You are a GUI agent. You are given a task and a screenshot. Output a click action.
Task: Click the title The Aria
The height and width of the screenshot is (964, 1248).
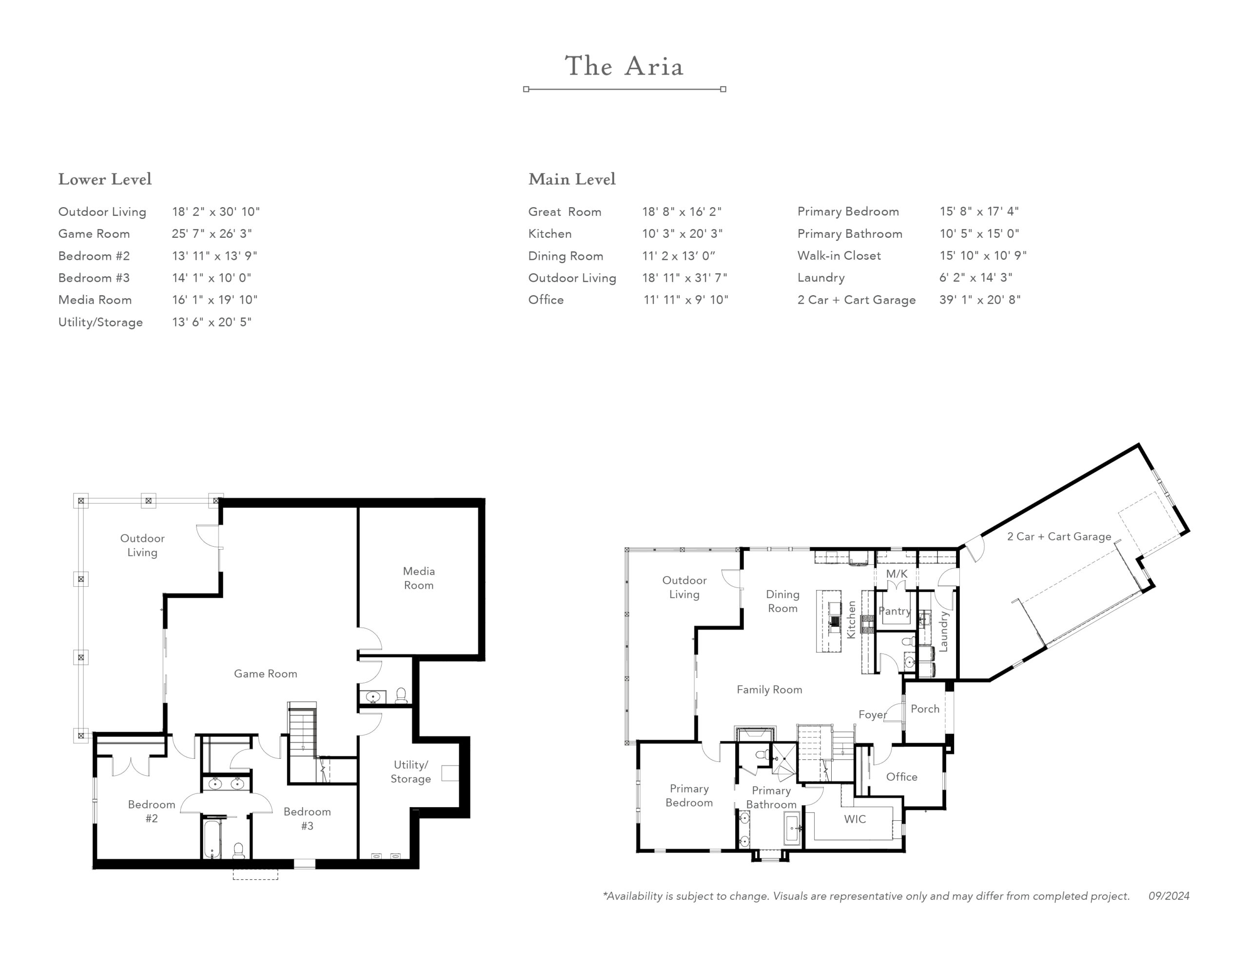pos(624,66)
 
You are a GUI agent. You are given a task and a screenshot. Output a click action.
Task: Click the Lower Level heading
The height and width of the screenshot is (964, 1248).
pos(105,179)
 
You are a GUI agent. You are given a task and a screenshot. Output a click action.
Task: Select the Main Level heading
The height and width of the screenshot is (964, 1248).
pos(572,179)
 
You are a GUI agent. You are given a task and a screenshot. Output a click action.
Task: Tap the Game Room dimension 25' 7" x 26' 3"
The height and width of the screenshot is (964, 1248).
pos(212,234)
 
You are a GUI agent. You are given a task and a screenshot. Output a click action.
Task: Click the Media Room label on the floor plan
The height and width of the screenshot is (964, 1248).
pos(419,578)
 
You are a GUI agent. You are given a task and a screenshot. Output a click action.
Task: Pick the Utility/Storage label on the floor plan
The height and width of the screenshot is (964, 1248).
pos(411,771)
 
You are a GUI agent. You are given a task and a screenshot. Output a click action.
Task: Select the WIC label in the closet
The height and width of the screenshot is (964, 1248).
pos(855,819)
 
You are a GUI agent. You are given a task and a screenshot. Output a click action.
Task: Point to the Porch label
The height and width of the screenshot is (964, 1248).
pos(925,709)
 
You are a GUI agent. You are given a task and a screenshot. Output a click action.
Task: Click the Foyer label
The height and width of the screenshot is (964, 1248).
pos(873,715)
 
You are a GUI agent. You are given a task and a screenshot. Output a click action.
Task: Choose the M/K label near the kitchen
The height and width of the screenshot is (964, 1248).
pos(897,574)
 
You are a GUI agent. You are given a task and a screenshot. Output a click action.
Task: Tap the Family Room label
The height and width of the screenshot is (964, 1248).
pos(769,690)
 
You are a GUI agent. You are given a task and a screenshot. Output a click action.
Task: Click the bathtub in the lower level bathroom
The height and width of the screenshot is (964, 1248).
pos(212,839)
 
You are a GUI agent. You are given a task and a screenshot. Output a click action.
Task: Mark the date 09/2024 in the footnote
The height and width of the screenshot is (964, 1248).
pos(1169,896)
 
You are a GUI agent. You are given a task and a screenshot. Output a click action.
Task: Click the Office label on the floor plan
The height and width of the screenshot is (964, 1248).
pos(902,776)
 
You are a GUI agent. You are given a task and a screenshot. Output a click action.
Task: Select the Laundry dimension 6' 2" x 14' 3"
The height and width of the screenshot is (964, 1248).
pos(976,277)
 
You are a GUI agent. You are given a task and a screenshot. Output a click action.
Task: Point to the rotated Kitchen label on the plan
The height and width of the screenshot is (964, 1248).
pos(851,619)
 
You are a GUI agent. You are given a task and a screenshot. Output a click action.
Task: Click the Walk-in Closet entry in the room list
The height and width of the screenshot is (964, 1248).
pos(839,255)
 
